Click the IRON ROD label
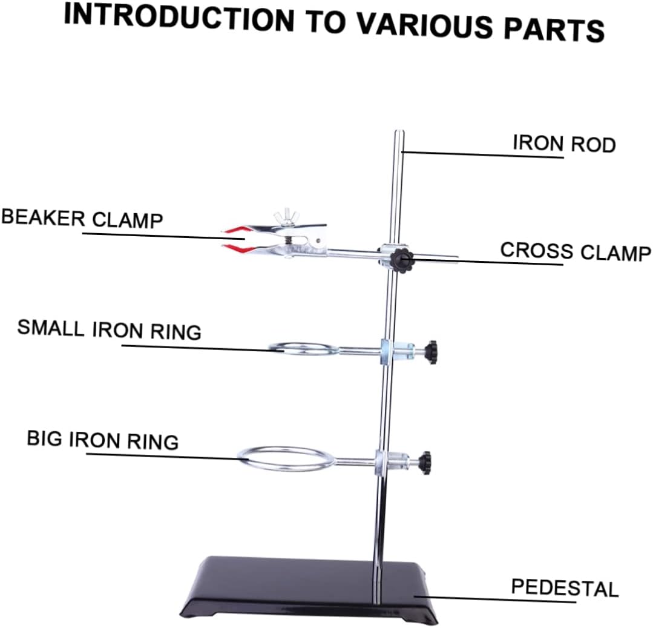tap(564, 144)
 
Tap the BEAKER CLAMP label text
tap(82, 218)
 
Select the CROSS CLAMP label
tap(575, 251)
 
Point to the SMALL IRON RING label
tap(109, 329)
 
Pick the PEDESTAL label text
tap(565, 587)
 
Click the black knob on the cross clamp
tap(401, 260)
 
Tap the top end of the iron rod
tap(399, 133)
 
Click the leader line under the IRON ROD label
tap(484, 155)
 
